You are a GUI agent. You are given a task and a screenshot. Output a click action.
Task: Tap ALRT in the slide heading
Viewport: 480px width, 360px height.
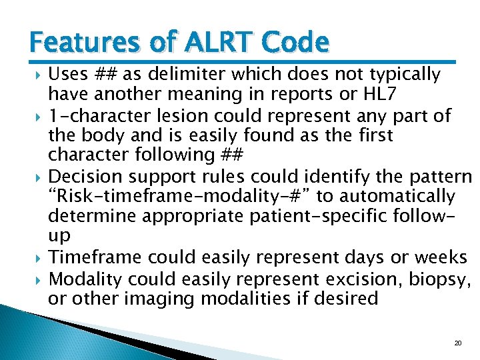tap(213, 43)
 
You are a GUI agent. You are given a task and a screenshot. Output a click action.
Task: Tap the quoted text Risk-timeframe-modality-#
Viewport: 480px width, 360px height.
tap(181, 197)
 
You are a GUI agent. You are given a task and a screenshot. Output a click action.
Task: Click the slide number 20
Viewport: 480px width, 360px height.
tap(457, 343)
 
